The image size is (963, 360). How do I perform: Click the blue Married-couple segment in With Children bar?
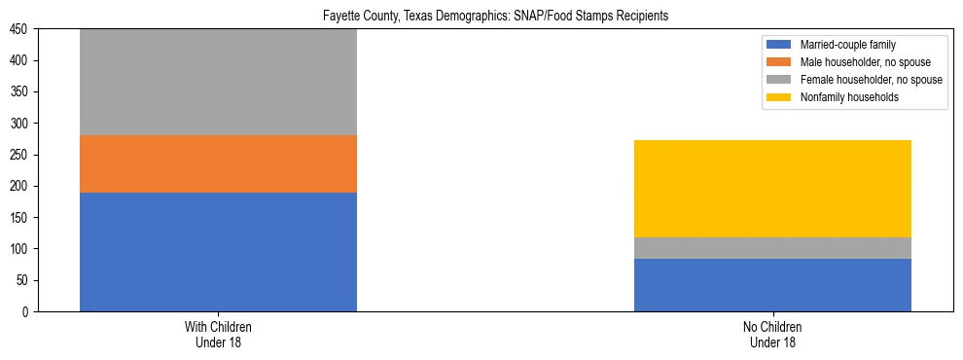[218, 251]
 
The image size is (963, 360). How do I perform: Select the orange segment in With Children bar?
[218, 163]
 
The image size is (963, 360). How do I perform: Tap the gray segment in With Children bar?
[218, 82]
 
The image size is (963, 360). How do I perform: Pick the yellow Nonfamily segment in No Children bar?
[772, 188]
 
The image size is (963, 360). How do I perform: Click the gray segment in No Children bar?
[772, 248]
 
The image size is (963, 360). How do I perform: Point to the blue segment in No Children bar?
[772, 284]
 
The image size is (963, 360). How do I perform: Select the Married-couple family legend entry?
[847, 45]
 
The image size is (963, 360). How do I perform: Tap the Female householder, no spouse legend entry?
[871, 80]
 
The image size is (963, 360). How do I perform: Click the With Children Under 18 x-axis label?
[218, 335]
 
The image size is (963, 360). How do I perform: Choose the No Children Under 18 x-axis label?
[772, 335]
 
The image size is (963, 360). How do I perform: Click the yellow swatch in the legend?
[780, 97]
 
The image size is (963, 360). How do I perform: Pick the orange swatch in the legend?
[780, 62]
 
